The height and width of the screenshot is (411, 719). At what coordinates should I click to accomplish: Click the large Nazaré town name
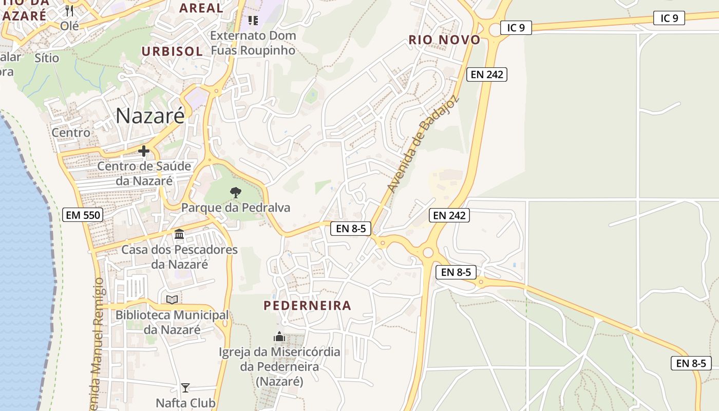pos(149,116)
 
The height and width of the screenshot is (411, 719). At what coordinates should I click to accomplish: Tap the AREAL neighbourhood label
pos(201,8)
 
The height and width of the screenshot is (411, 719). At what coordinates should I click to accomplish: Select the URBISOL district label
pos(172,51)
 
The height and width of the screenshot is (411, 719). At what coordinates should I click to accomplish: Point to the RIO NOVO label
pos(444,40)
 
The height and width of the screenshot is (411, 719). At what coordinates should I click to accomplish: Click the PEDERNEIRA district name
pos(307,305)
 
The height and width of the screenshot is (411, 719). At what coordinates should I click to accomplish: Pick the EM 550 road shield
pos(83,215)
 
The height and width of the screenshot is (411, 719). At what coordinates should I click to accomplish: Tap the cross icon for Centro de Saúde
pos(144,151)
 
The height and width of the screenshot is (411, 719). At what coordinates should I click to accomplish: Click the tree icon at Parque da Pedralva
pos(236,193)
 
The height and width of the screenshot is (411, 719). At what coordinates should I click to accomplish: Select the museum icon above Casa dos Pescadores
pos(179,234)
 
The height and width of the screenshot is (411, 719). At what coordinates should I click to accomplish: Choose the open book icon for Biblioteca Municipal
pos(172,300)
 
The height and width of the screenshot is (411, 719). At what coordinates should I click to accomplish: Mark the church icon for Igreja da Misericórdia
pos(279,337)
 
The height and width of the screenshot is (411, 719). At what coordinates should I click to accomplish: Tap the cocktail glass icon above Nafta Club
pos(185,387)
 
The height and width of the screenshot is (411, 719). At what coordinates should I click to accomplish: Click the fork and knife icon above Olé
pos(70,10)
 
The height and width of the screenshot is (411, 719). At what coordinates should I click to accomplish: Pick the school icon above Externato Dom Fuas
pos(253,20)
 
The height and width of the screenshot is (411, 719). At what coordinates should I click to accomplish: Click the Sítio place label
pos(47,58)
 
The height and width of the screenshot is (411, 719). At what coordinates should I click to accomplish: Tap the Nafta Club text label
pos(185,403)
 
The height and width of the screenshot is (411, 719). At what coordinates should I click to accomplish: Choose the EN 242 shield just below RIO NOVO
pos(487,74)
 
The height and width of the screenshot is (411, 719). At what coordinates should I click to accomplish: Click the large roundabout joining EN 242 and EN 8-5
pos(427,252)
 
